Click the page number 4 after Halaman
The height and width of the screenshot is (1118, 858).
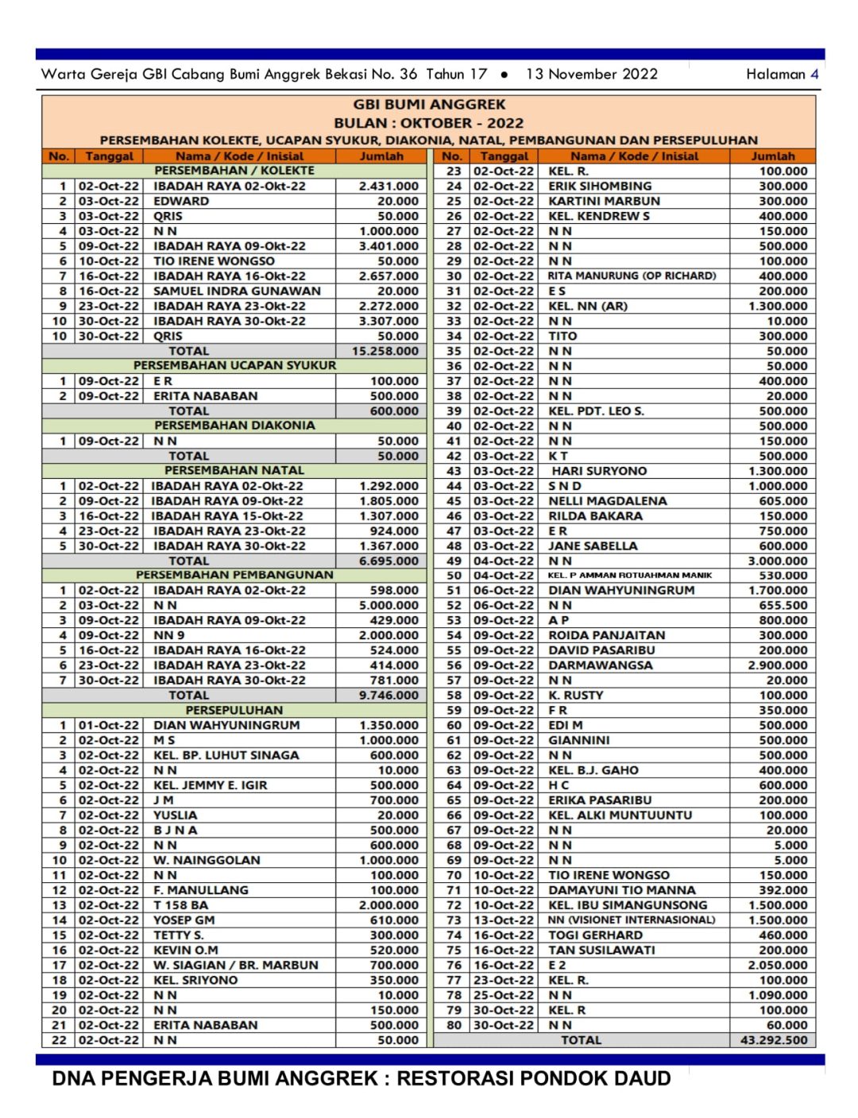[x=814, y=74]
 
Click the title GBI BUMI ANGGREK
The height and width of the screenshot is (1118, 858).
[x=429, y=105]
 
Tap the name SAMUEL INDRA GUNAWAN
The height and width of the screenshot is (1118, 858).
[x=237, y=291]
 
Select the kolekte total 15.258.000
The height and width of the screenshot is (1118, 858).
[x=385, y=351]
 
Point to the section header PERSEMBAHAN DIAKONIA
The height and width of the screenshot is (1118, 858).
[x=234, y=426]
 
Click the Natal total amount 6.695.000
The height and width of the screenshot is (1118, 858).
[x=388, y=561]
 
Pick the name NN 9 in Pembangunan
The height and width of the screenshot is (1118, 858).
[x=168, y=635]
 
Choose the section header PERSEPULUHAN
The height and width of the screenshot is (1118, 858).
[x=234, y=710]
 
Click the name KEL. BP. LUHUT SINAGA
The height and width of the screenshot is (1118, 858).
[x=226, y=755]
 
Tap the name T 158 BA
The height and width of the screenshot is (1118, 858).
[x=180, y=905]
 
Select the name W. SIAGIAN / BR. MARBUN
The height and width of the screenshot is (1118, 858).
[x=235, y=965]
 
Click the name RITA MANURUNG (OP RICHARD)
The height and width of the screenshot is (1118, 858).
[x=632, y=276]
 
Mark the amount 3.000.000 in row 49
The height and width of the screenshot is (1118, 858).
[x=777, y=561]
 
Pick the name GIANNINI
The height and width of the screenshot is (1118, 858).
[x=579, y=740]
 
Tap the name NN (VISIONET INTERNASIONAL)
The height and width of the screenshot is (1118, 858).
[x=632, y=920]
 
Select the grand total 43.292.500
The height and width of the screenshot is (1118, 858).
[x=773, y=1040]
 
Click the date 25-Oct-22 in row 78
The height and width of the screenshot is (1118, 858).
[x=504, y=995]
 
